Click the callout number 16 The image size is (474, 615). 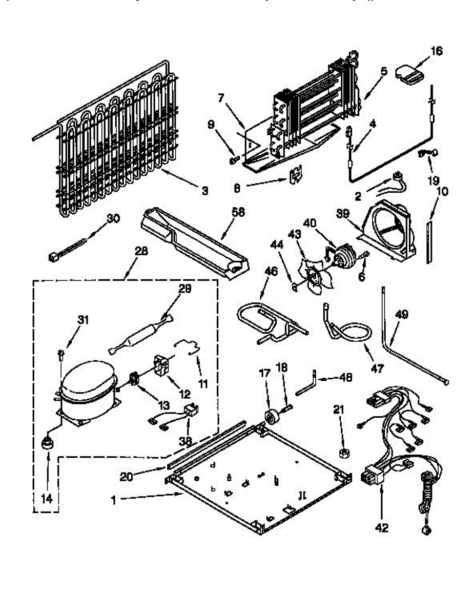tap(436, 51)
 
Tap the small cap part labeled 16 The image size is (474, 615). tap(410, 73)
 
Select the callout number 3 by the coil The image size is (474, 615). tap(204, 192)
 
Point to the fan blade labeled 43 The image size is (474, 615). tap(310, 277)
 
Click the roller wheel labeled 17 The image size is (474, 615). tap(271, 415)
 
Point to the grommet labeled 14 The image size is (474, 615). tap(48, 444)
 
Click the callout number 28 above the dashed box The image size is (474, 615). tap(141, 251)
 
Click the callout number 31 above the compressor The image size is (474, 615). tap(83, 320)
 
